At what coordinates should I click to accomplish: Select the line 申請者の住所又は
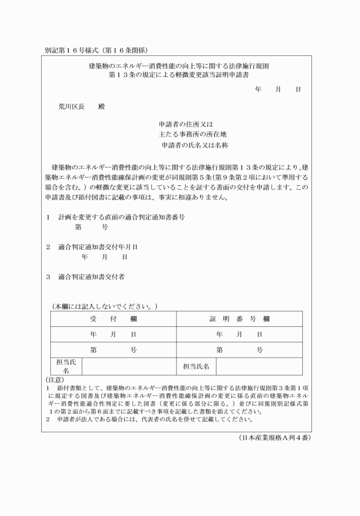pos(186,124)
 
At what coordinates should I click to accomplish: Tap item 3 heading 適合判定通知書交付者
pos(91,277)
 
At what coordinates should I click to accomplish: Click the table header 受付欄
pos(113,318)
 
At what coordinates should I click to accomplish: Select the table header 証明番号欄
pos(239,318)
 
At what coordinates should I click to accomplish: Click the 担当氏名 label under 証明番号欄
pos(196,366)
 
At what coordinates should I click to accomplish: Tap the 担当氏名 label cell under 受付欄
pos(66,366)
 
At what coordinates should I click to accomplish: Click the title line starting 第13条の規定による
pos(176,74)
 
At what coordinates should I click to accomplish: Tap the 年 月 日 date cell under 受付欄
pos(113,334)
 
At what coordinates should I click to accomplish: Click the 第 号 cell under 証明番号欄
pos(239,350)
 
